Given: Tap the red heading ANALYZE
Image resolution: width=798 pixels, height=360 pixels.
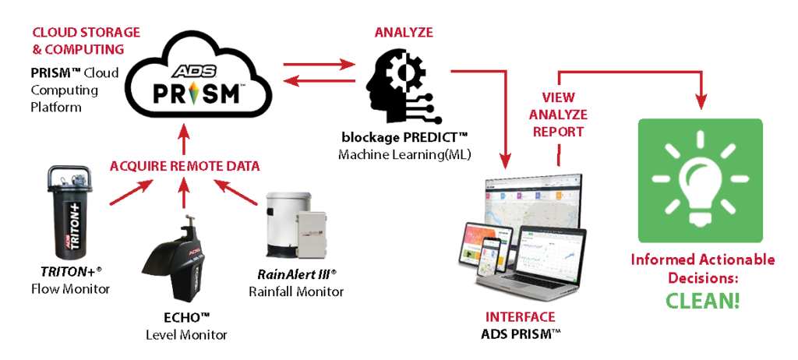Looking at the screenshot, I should coord(404,32).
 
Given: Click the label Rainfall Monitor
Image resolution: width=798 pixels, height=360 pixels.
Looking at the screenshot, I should coord(296,291).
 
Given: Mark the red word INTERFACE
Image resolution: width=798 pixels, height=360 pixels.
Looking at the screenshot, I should coord(521,317).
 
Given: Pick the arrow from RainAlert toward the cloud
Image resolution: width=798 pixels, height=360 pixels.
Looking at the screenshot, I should coord(233,194).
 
